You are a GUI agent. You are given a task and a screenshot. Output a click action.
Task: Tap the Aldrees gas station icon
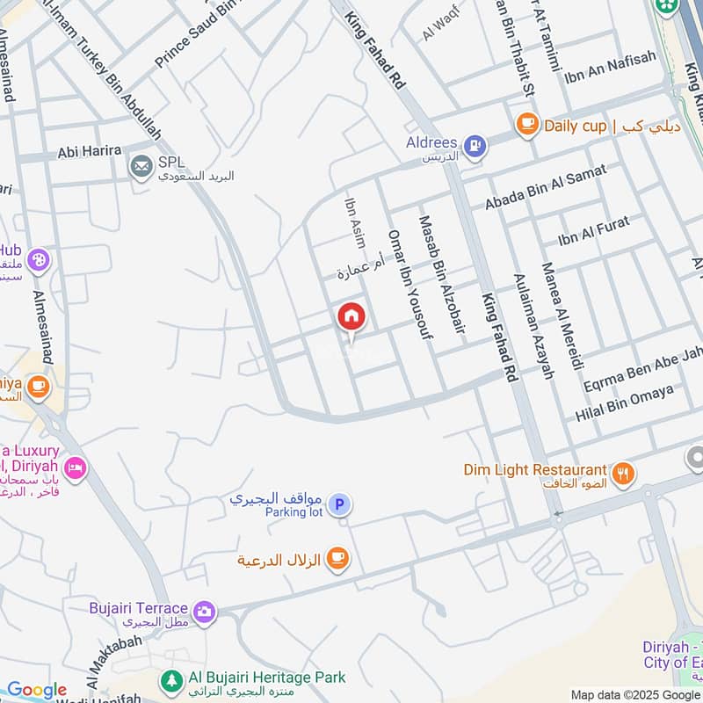(475, 146)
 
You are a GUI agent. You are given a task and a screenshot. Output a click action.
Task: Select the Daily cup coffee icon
(527, 125)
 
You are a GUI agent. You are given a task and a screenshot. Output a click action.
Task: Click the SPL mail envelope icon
(141, 164)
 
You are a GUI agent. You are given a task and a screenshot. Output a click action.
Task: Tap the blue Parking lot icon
(340, 504)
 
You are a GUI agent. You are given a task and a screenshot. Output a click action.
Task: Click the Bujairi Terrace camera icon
(205, 610)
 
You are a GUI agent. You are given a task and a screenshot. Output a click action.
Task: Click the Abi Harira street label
(89, 151)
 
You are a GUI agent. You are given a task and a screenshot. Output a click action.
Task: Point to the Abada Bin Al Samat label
(546, 186)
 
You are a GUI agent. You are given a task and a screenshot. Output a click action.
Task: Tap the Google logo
(37, 691)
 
